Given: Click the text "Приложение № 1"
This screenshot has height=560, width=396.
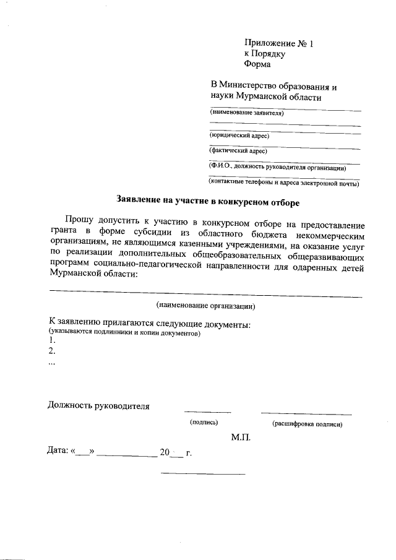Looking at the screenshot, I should coord(279,43).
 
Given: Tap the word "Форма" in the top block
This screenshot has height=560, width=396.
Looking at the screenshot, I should coord(257,63).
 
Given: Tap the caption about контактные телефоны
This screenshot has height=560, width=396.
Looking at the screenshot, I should coord(284,183).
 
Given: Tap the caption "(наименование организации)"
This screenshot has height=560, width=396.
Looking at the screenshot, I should coord(205,306).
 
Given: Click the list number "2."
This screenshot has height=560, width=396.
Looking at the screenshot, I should coord(52,351).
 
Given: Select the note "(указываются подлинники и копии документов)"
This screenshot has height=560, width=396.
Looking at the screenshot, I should coord(126,333).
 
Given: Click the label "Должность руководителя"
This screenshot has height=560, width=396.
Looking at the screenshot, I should coord(99,406).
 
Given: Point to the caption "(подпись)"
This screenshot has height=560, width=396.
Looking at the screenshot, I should coord(204,423).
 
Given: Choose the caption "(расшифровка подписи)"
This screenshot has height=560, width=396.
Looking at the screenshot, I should coord(307,424).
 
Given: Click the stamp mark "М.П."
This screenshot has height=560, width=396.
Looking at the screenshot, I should coord(241,437).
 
